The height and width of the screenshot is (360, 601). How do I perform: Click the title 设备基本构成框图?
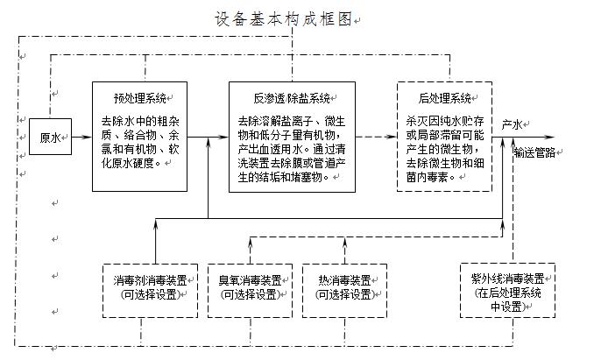[283, 19]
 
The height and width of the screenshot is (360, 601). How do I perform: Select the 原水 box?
[50, 138]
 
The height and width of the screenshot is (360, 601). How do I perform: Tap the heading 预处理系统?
[139, 96]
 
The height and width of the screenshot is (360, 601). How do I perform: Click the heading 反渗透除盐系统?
[290, 96]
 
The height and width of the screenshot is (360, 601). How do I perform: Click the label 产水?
[513, 124]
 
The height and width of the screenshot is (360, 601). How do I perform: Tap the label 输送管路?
[534, 152]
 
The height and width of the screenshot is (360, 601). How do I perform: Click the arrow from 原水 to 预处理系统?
[81, 138]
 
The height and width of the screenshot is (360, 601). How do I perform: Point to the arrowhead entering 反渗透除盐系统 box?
[223, 138]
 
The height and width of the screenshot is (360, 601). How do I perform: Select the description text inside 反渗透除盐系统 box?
[291, 149]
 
